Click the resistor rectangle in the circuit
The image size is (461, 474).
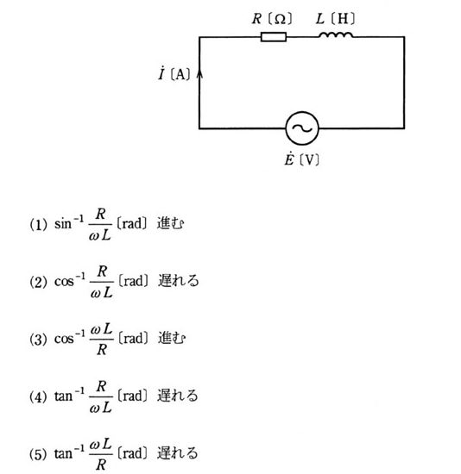[x=273, y=37]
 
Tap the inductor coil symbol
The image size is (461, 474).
[x=336, y=34]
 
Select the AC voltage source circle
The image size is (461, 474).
[x=302, y=128]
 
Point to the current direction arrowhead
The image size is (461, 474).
[x=199, y=74]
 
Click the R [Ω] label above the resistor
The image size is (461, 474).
[x=272, y=19]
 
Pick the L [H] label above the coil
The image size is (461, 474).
[x=335, y=19]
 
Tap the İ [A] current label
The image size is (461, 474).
[x=174, y=73]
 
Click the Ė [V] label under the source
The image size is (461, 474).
[x=301, y=159]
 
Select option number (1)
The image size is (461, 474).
[x=38, y=225]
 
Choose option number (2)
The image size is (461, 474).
[x=38, y=282]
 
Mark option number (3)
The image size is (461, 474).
[x=38, y=340]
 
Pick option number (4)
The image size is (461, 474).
[x=38, y=396]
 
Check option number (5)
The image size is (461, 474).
[x=38, y=454]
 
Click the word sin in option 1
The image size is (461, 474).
[x=63, y=224]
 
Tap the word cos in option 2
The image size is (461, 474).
[x=64, y=282]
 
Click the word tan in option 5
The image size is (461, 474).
[x=63, y=453]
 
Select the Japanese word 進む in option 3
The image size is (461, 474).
[x=171, y=338]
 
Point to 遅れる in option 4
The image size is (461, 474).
[x=178, y=396]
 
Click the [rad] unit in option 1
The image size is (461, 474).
[x=132, y=224]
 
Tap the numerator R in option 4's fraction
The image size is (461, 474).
[x=101, y=386]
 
